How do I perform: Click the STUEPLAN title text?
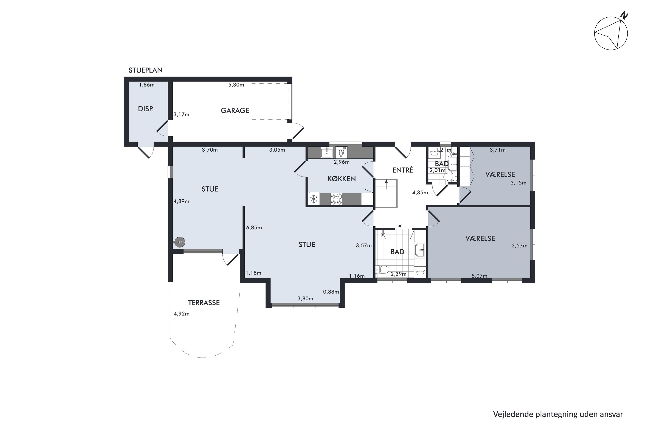point(146,70)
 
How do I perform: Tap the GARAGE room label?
point(235,111)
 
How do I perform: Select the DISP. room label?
point(145,109)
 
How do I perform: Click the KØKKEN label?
point(341,179)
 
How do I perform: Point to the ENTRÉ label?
point(403,170)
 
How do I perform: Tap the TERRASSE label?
point(204,303)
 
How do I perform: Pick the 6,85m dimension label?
point(254,228)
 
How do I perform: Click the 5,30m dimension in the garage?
point(236,85)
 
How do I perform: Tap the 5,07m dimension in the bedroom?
point(480,276)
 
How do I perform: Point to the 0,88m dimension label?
point(331,292)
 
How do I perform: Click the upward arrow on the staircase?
point(387,184)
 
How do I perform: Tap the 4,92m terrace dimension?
point(182,314)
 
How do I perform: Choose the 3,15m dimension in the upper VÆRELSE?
point(519,183)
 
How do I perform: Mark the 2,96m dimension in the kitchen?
point(342,162)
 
